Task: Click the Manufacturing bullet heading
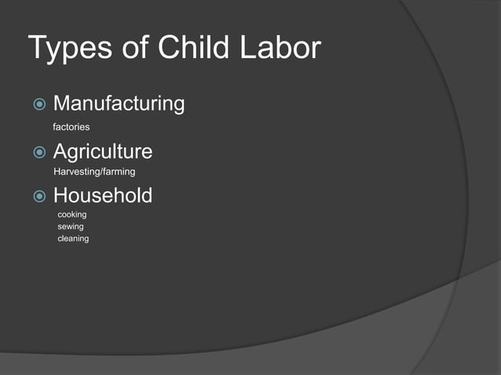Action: click(x=119, y=104)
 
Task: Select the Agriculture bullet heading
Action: click(x=102, y=151)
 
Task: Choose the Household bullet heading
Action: click(x=102, y=195)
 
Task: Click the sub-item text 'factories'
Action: click(x=71, y=126)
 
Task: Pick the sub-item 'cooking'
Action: click(x=72, y=214)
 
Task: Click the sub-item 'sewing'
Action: click(x=71, y=227)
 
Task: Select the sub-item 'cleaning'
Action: click(x=73, y=238)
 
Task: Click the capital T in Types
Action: click(x=38, y=48)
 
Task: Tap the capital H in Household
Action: click(x=60, y=195)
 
